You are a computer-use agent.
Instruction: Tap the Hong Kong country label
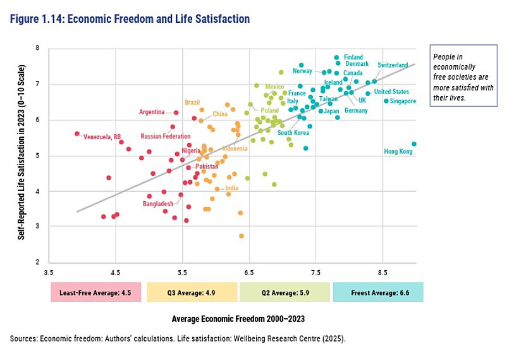398,152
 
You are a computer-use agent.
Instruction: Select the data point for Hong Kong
414,144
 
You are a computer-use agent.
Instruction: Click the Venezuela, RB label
102,137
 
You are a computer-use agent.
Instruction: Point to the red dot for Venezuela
77,133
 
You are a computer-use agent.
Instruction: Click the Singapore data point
386,101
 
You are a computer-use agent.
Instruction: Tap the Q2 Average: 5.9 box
285,292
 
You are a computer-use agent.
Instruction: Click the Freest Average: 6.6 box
378,292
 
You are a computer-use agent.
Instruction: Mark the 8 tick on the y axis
38,48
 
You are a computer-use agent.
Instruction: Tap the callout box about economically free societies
463,75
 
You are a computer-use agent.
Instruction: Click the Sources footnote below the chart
178,338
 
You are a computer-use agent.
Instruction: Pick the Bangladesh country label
157,204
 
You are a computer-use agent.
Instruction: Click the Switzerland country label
393,65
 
